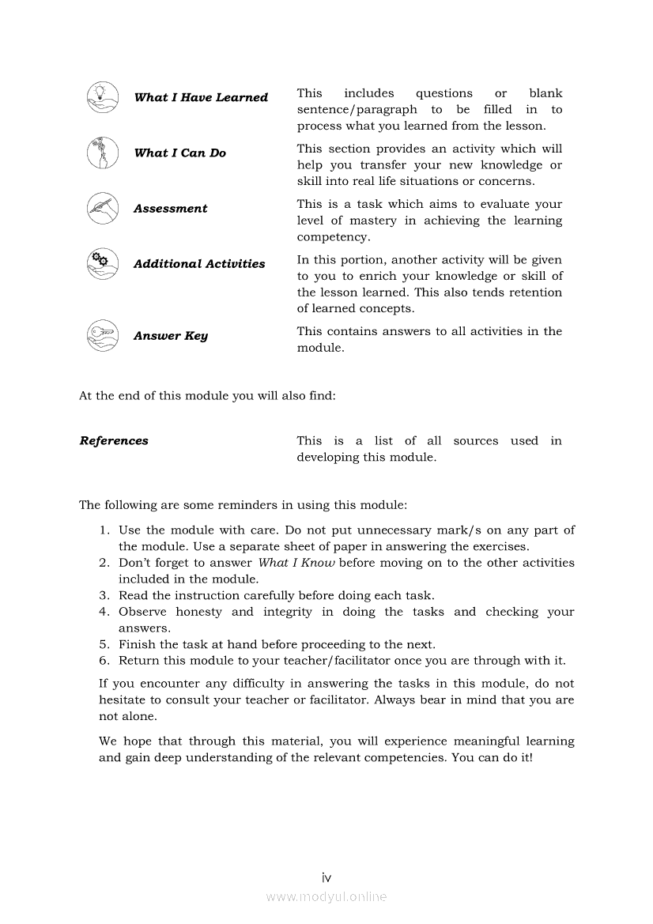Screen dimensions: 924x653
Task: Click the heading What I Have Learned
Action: [201, 97]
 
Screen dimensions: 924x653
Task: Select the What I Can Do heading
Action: [179, 153]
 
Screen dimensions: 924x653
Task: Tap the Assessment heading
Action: [170, 209]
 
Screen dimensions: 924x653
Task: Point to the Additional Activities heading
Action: [199, 264]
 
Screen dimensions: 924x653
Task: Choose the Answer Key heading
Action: [171, 336]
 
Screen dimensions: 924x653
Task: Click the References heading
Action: [114, 441]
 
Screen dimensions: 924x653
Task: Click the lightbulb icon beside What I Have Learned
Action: [102, 97]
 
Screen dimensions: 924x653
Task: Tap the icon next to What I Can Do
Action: [102, 153]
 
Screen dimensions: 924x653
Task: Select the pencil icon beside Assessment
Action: [102, 208]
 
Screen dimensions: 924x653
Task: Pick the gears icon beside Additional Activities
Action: [102, 263]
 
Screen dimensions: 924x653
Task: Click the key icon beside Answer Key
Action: [102, 335]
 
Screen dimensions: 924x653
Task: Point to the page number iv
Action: [326, 877]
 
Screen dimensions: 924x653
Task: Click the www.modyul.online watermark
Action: [326, 897]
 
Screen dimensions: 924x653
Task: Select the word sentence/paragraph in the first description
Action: [357, 110]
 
